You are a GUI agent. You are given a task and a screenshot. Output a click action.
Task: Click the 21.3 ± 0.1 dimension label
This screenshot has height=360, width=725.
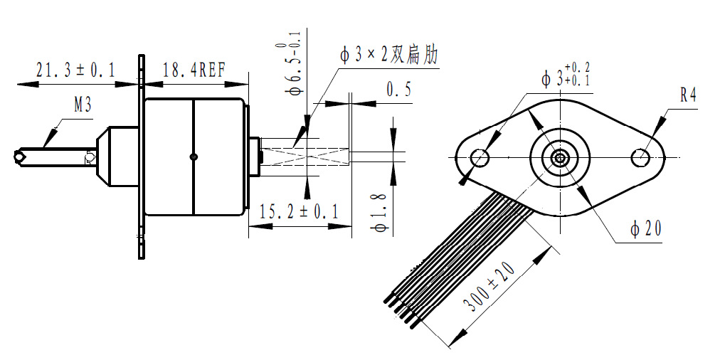click(75, 70)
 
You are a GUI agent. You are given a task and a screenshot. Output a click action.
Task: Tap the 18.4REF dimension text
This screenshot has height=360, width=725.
click(194, 70)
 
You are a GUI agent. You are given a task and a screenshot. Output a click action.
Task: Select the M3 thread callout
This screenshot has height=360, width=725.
click(83, 106)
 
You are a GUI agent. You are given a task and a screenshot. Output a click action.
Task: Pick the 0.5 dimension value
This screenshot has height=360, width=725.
click(398, 90)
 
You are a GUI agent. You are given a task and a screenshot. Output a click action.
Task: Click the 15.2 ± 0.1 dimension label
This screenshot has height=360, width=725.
click(299, 211)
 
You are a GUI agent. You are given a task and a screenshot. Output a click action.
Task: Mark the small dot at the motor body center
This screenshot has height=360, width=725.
click(194, 157)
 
